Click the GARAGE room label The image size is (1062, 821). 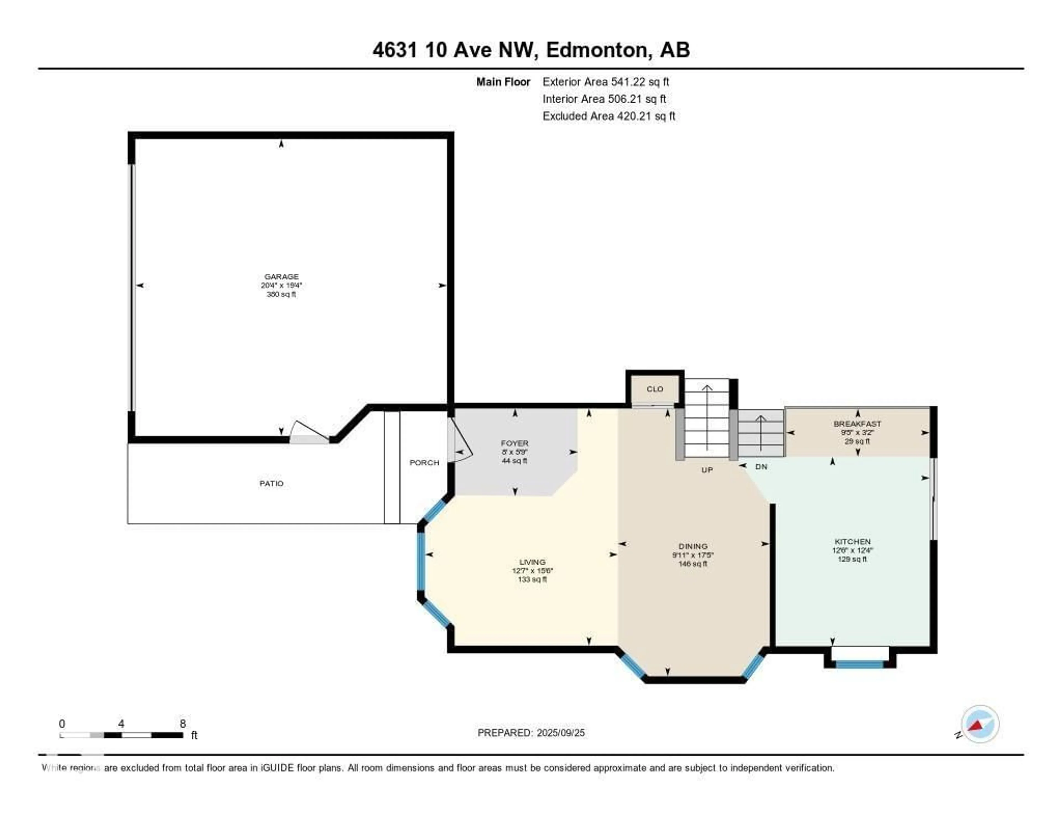pos(281,277)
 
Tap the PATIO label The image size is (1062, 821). pos(271,483)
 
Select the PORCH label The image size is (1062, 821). pos(424,462)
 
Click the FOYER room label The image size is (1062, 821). pos(514,443)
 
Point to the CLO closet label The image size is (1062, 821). pos(655,389)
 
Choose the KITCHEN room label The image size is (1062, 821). pos(852,541)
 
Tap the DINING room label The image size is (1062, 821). pos(693,546)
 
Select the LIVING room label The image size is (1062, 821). pos(532,562)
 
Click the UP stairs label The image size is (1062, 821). pos(707,470)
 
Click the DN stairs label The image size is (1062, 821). pos(761,466)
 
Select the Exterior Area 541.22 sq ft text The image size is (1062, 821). pos(605,82)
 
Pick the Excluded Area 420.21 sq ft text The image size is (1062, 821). pos(608,116)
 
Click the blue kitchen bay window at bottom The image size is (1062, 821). pos(859,664)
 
